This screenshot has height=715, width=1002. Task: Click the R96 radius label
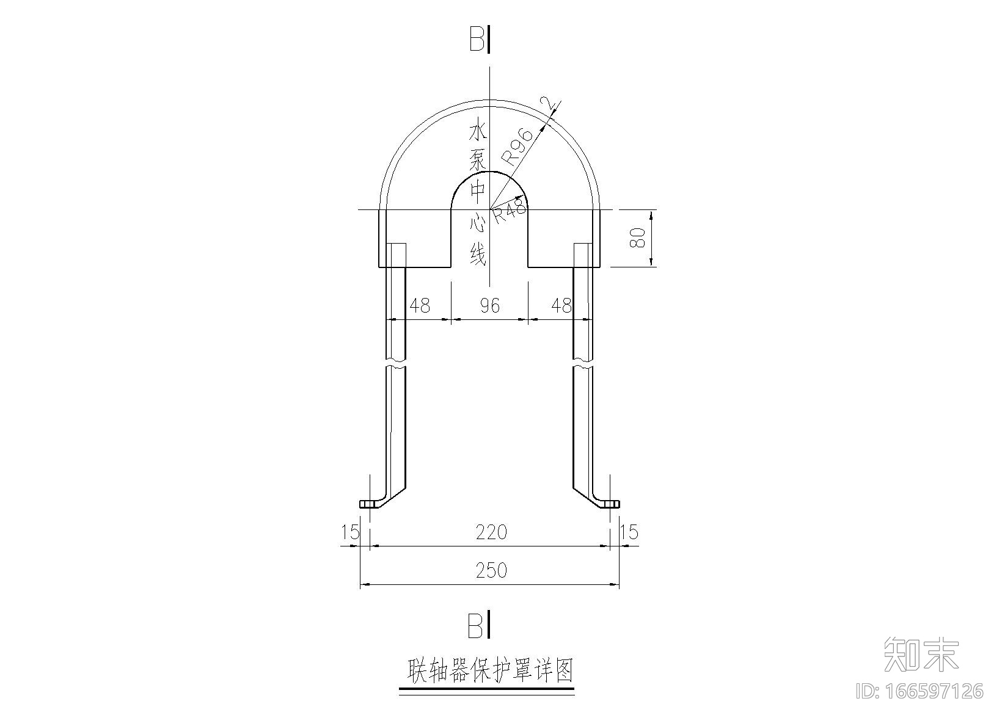[517, 148]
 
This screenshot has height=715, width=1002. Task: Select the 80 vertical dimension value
[637, 238]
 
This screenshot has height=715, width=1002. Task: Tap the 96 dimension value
[490, 305]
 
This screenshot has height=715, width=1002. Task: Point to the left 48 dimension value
[419, 305]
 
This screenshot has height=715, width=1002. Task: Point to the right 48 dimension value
[560, 305]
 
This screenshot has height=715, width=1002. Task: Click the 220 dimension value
[491, 533]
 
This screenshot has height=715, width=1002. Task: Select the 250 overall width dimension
[491, 570]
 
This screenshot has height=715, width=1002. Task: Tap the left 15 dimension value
[350, 532]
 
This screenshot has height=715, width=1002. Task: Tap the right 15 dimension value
[629, 532]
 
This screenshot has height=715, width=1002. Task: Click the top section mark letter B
[477, 41]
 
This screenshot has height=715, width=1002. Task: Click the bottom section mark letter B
[476, 626]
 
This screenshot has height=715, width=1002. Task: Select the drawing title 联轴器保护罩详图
[491, 670]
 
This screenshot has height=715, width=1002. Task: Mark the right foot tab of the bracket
[610, 504]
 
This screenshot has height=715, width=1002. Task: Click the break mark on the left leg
[396, 362]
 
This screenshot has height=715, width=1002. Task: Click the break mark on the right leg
[583, 362]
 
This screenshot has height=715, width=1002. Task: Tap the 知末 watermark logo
[922, 654]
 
